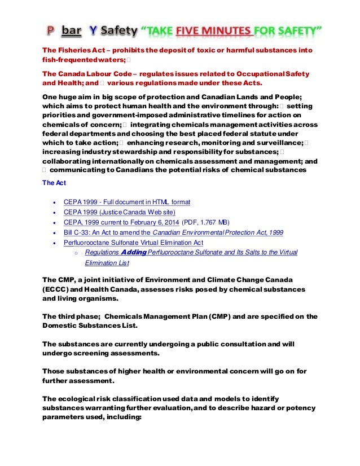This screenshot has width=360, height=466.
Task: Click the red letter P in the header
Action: click(x=50, y=29)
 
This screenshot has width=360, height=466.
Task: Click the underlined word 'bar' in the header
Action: click(x=71, y=29)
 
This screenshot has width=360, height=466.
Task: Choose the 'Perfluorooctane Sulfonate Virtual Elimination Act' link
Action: click(x=133, y=242)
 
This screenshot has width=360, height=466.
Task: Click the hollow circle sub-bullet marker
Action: click(x=75, y=253)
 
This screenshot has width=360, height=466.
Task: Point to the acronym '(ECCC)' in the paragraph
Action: click(x=56, y=289)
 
